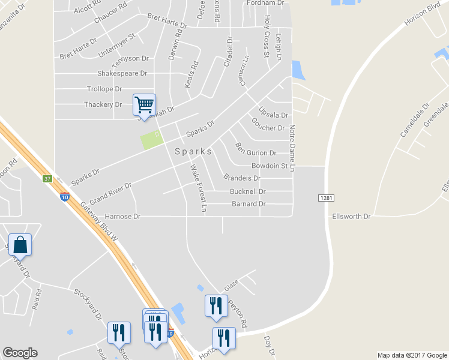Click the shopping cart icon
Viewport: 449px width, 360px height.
[x=144, y=105]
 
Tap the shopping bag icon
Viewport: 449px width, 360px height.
[x=20, y=245]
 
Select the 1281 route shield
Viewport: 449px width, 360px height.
[x=325, y=197]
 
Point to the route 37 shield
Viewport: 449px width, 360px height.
[x=48, y=179]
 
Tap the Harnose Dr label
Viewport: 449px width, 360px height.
[x=122, y=216]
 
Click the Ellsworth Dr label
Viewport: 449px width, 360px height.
[x=351, y=215]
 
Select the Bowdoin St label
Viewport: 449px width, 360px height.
[x=270, y=165]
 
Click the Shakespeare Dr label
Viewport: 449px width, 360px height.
[x=122, y=73]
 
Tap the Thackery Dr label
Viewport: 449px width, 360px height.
[x=102, y=104]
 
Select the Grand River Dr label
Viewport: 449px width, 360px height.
[x=110, y=194]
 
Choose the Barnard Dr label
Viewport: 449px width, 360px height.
[x=248, y=204]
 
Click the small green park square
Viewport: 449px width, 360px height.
[x=152, y=141]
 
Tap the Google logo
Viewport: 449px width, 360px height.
[x=20, y=353]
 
